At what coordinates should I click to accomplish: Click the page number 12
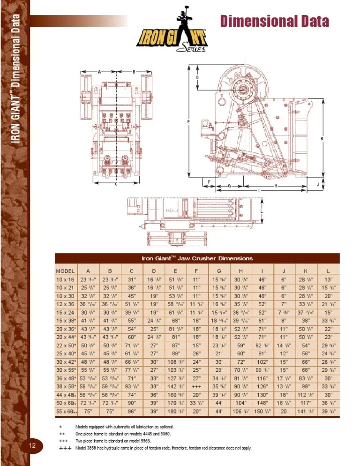32,445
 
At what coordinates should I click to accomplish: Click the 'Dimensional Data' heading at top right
274,21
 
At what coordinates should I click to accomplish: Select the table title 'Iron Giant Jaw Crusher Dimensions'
197,258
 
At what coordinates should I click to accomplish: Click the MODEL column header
65,271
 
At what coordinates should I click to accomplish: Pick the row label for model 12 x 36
65,304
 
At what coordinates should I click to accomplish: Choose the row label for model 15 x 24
65,312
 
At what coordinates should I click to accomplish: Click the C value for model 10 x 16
132,279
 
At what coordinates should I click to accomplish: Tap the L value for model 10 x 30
328,296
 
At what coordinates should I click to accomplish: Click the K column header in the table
306,271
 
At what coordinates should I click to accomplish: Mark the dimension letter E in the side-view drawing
188,122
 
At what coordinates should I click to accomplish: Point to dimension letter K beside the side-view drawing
322,139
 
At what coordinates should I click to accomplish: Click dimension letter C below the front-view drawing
116,183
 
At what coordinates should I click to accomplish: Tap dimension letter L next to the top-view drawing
262,210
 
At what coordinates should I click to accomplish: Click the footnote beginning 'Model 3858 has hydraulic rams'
163,448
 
